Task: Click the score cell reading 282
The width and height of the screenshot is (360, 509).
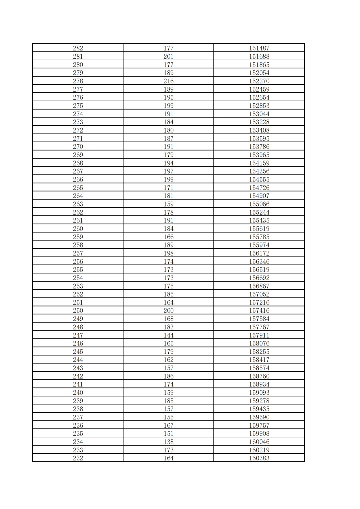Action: [78, 48]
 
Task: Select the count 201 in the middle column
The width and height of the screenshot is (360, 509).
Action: [168, 56]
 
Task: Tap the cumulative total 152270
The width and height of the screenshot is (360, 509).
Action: [259, 81]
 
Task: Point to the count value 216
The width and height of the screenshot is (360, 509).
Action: [168, 81]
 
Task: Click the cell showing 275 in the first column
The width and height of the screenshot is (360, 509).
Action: [78, 106]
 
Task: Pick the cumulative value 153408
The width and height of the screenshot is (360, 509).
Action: [259, 130]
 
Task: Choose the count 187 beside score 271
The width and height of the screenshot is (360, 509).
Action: [168, 138]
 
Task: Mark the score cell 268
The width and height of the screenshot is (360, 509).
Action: [78, 163]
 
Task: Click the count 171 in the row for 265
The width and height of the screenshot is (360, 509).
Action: [168, 188]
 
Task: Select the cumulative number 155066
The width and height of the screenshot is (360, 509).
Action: [259, 204]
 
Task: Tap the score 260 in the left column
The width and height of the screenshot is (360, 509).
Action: [78, 229]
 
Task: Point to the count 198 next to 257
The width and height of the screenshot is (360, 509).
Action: [168, 253]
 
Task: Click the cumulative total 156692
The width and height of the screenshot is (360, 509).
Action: [259, 278]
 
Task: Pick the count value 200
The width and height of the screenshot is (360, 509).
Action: [168, 310]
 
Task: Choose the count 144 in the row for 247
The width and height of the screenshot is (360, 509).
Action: [168, 335]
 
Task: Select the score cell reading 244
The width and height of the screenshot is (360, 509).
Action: [78, 360]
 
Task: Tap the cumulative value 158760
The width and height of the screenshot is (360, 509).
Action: [259, 376]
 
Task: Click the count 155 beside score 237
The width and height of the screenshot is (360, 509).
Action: [168, 417]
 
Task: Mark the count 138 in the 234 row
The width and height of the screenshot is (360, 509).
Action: [168, 442]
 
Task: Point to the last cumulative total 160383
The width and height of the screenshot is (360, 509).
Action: [259, 458]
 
